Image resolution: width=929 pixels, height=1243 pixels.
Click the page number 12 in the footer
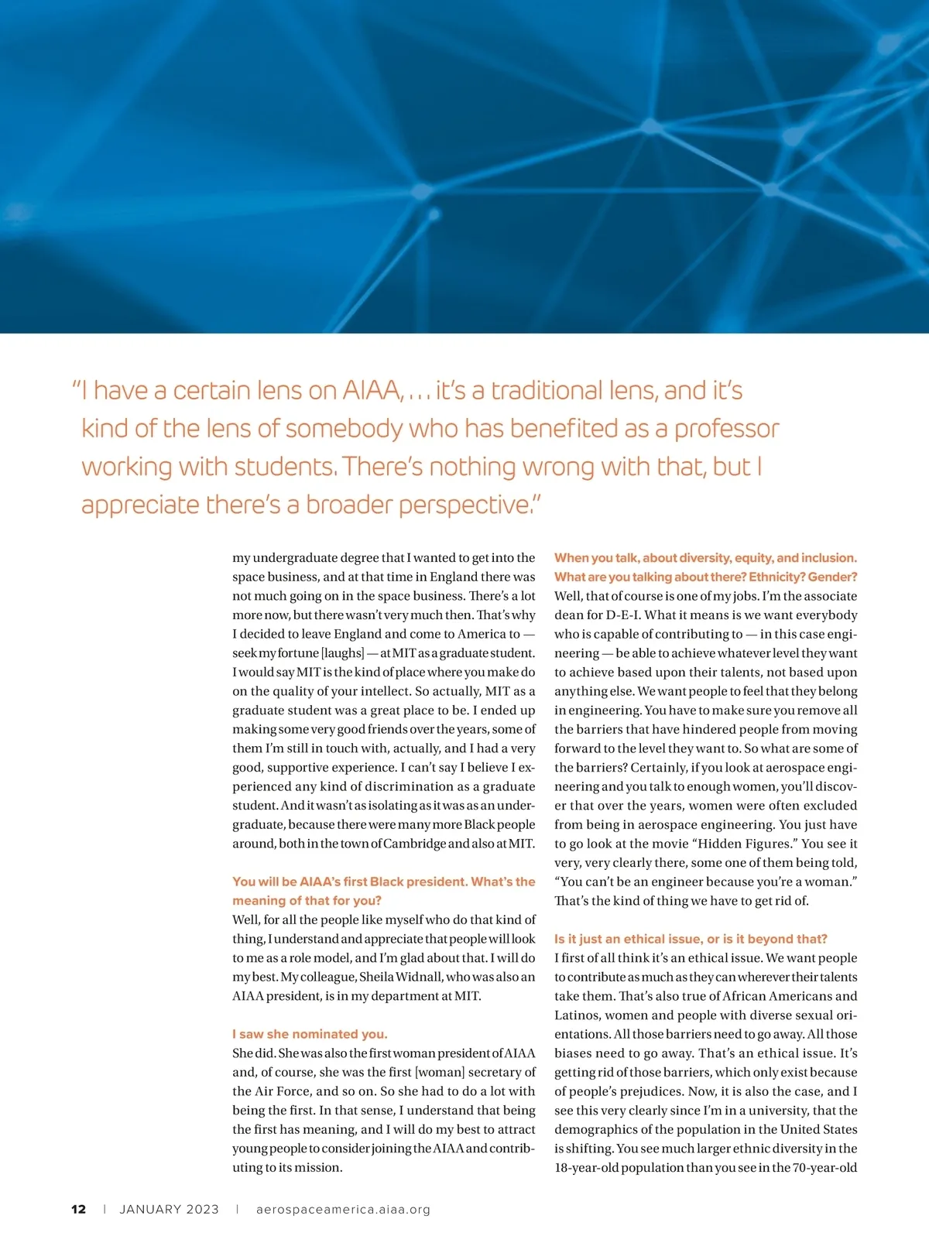pos(78,1209)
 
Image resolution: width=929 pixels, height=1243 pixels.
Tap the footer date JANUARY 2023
pos(169,1209)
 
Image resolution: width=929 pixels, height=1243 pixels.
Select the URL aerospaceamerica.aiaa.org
pos(343,1209)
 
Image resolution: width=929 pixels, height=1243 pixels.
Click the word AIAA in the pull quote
pos(373,391)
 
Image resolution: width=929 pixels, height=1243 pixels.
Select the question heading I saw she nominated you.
pos(310,1034)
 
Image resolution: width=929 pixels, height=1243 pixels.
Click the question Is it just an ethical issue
pos(691,939)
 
